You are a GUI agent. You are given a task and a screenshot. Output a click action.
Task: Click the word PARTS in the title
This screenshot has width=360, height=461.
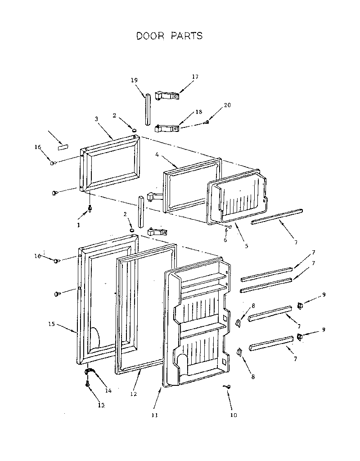click(186, 36)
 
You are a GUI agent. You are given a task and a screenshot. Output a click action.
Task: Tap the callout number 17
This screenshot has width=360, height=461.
click(195, 77)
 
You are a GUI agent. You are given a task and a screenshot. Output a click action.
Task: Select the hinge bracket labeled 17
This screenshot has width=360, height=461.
click(166, 96)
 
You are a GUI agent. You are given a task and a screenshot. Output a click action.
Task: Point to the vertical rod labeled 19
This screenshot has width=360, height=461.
click(147, 109)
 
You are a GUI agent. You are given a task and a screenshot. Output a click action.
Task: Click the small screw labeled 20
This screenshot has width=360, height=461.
click(207, 122)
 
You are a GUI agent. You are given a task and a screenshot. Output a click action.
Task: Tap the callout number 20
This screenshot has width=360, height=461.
click(227, 105)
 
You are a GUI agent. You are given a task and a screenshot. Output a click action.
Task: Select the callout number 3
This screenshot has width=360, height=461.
click(96, 119)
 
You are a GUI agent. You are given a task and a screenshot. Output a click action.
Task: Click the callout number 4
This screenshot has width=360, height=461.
click(157, 154)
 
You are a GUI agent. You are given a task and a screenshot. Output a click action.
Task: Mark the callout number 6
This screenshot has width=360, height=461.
click(225, 240)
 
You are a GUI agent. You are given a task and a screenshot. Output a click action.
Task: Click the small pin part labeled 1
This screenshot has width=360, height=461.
click(90, 208)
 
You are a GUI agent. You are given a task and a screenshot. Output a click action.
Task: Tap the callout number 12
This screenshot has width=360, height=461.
click(133, 394)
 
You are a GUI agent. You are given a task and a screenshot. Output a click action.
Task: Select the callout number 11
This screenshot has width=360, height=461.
click(154, 416)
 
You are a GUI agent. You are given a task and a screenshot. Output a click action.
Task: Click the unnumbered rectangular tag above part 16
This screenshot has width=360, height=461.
click(62, 147)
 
